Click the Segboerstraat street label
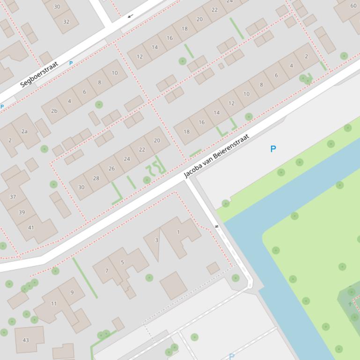click(39, 74)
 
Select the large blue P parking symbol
click(273, 149)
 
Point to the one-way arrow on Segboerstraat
click(130, 16)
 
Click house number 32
click(66, 22)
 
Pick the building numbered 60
click(353, 6)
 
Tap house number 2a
click(24, 131)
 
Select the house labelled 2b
click(54, 111)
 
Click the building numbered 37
click(13, 197)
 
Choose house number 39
click(22, 212)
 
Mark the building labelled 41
click(31, 228)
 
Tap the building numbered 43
click(26, 340)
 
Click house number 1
click(178, 232)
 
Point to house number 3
click(156, 240)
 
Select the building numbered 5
click(123, 262)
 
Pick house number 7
click(107, 271)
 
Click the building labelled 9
click(72, 293)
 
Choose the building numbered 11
click(53, 303)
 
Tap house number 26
click(111, 168)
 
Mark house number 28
click(96, 178)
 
